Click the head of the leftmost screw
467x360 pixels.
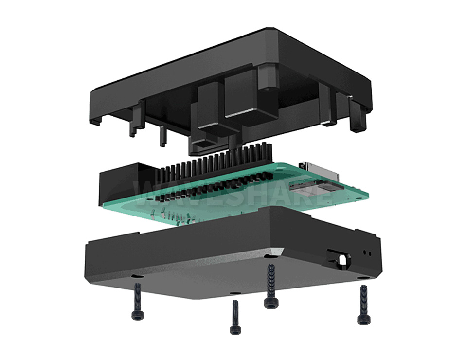pyautogui.click(x=138, y=316)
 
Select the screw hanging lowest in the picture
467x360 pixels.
pyautogui.click(x=235, y=330)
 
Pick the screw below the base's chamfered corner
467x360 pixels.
pyautogui.click(x=271, y=303)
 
